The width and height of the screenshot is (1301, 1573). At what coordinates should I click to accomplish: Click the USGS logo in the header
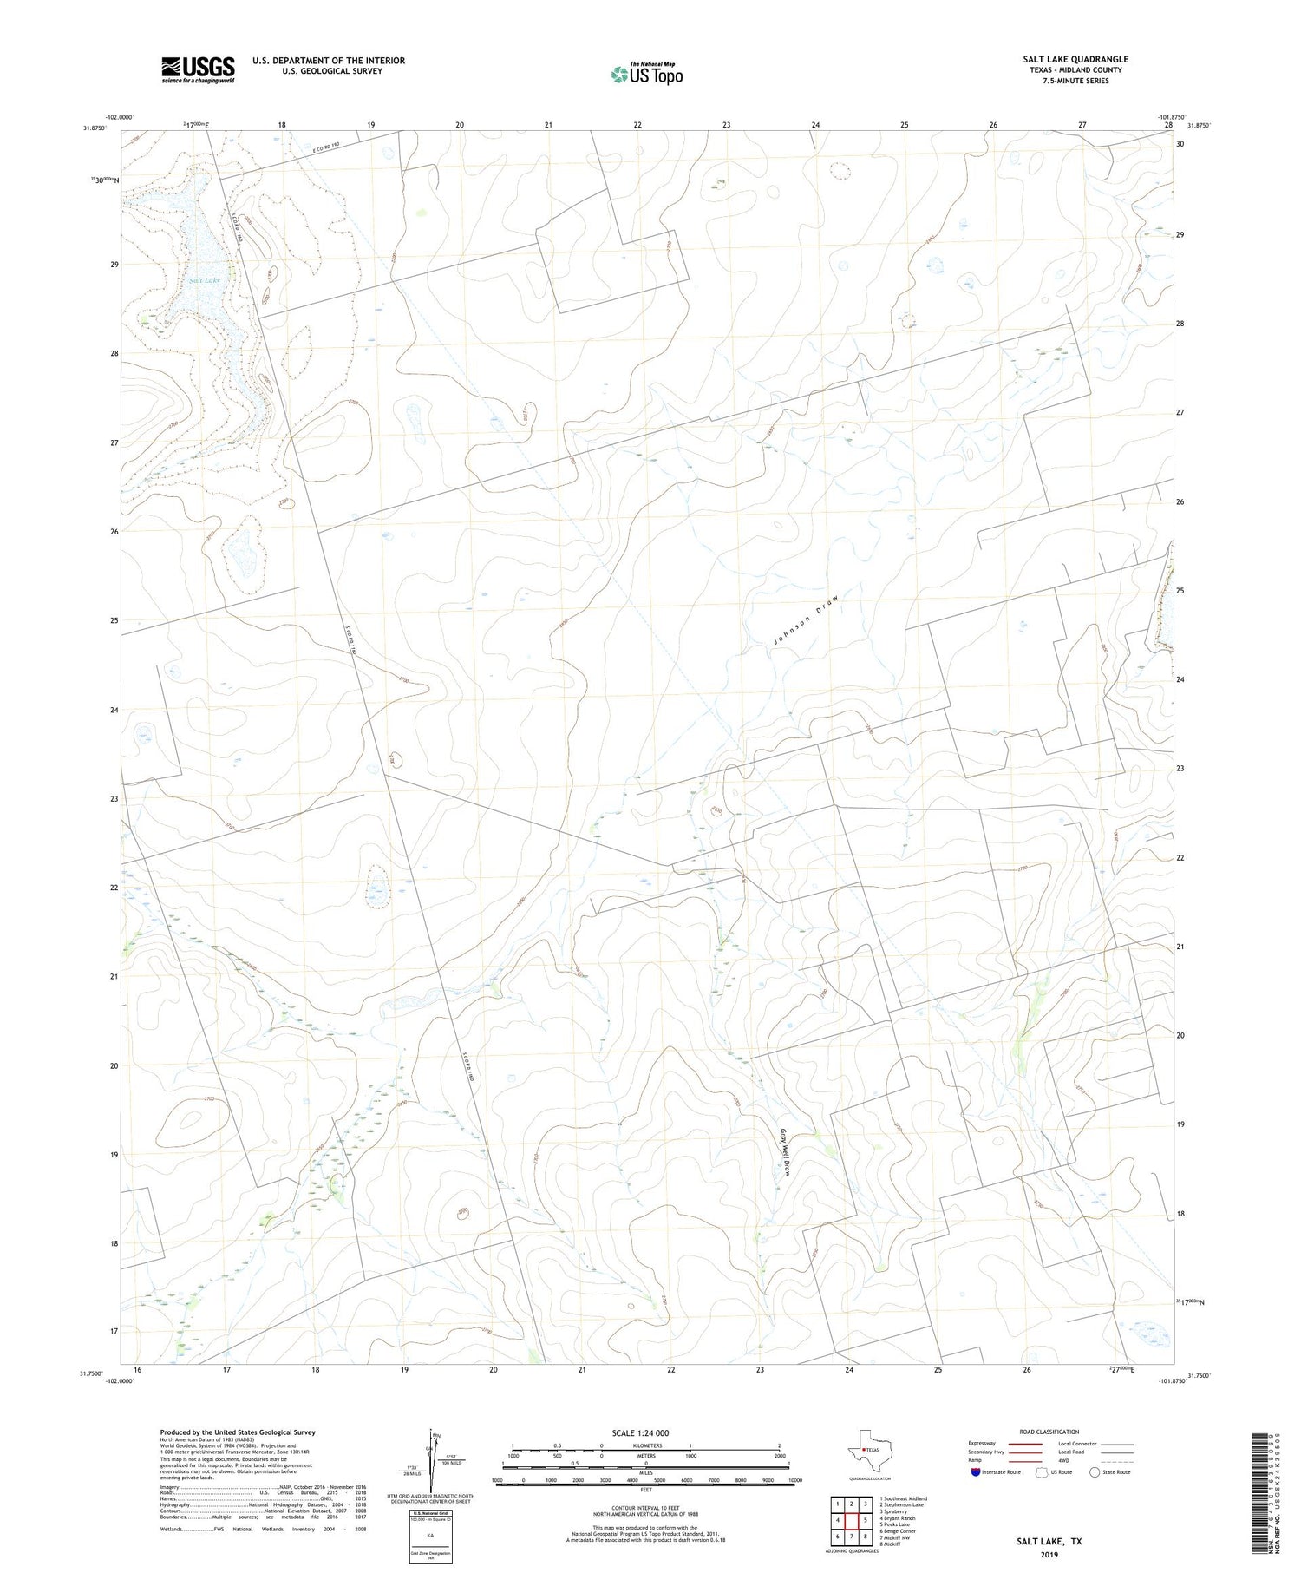198,69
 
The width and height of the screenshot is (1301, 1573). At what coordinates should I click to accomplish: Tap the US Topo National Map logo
646,74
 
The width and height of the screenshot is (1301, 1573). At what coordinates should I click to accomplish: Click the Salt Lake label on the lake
205,280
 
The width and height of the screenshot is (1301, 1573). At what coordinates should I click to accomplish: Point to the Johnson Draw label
806,619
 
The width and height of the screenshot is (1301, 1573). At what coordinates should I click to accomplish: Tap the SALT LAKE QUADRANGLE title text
1075,59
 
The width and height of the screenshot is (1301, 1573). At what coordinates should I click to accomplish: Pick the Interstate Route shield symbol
976,1472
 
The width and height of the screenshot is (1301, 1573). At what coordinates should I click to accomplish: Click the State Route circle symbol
1095,1472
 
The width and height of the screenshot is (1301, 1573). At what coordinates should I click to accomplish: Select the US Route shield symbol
1042,1472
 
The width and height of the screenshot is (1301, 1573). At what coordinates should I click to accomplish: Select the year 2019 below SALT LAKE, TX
1049,1554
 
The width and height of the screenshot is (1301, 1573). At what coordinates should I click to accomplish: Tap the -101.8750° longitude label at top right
1170,117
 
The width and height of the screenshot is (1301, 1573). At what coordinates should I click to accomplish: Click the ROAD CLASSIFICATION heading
1049,1432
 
